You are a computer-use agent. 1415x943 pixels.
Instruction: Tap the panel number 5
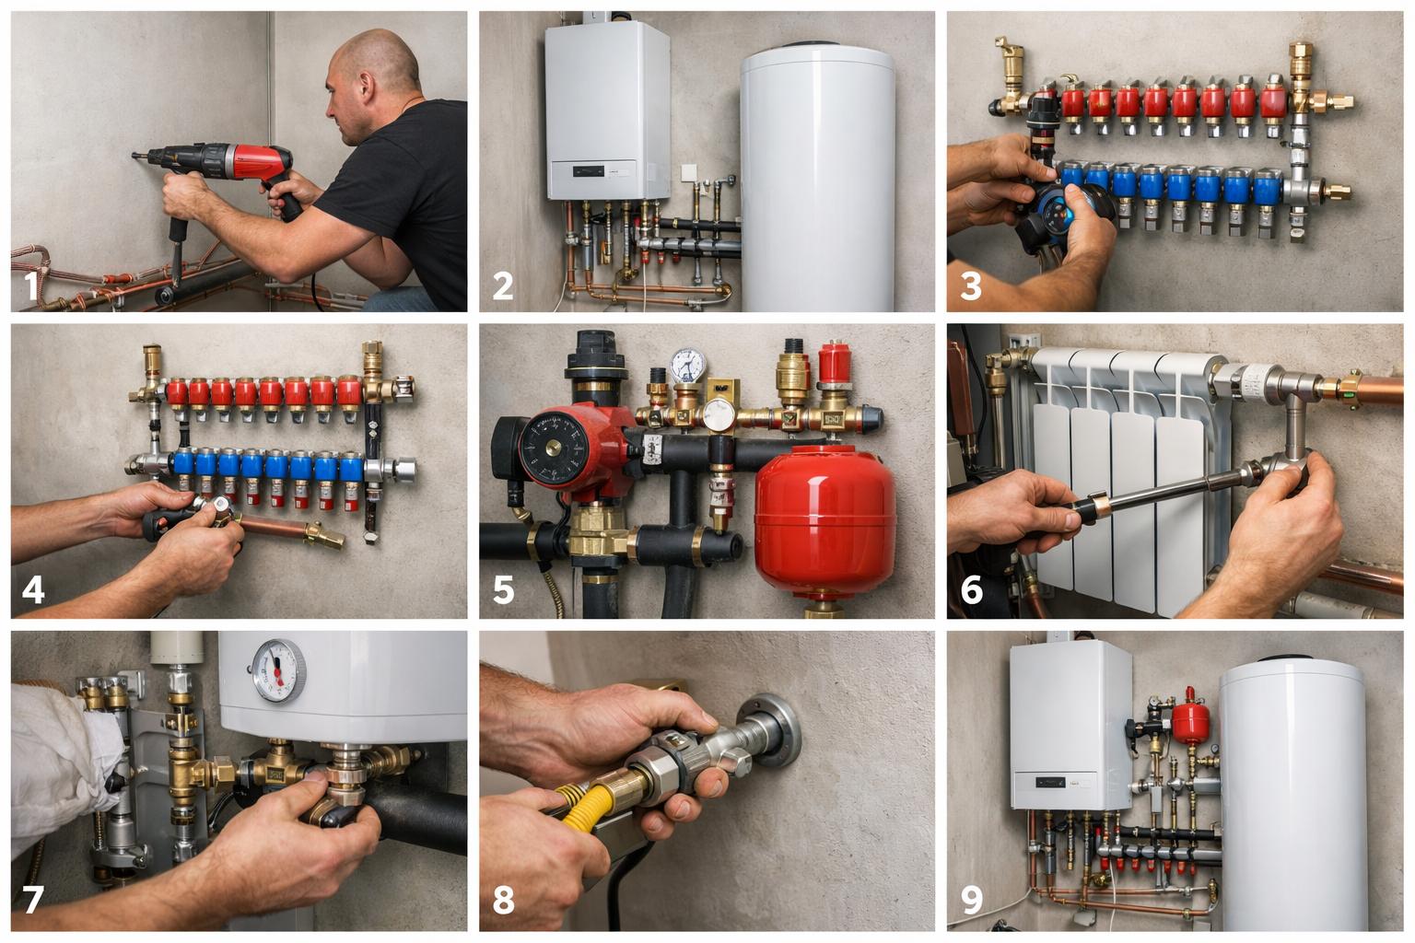pos(504,589)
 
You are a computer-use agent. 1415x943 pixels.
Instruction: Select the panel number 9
pos(972,900)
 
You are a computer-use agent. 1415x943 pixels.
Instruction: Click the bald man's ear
pos(366,87)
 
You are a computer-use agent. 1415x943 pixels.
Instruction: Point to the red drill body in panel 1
pos(259,161)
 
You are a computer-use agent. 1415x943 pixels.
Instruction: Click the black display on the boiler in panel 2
pos(588,171)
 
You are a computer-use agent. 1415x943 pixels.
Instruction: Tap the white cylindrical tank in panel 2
pos(817,177)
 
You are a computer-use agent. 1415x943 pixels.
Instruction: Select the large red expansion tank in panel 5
pos(824,521)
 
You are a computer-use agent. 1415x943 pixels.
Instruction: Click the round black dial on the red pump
pos(554,448)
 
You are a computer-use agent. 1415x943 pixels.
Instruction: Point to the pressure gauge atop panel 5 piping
pos(688,365)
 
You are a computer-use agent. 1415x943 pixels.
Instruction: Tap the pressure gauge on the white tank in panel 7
pos(278,670)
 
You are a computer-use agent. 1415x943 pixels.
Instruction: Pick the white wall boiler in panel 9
pos(1070,724)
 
